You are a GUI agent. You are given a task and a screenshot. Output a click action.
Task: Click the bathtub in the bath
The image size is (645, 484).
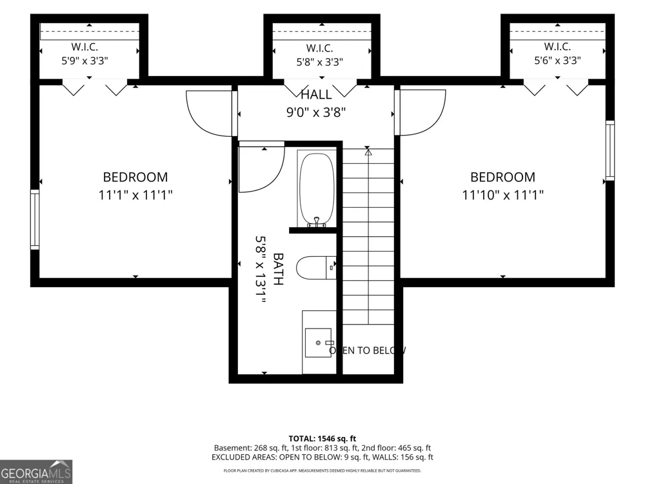(317, 190)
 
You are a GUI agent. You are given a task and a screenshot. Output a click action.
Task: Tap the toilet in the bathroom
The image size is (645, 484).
(316, 268)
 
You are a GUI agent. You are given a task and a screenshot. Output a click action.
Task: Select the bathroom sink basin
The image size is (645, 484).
(318, 343)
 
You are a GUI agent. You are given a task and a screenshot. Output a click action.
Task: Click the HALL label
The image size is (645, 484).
(316, 95)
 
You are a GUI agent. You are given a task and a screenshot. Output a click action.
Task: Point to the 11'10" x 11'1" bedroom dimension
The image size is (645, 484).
(502, 195)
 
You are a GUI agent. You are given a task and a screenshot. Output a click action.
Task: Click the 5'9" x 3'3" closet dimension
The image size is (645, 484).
(84, 61)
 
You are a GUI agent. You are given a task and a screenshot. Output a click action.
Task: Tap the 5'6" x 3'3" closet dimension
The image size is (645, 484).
(557, 61)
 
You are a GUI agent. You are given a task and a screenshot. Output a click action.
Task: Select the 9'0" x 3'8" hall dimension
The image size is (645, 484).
(316, 112)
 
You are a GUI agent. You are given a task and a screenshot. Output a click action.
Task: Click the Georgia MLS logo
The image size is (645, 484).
(36, 472)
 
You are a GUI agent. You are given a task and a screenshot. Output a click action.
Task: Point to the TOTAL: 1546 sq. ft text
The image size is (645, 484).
(322, 439)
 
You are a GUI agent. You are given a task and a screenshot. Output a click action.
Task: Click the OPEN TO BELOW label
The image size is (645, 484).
(368, 350)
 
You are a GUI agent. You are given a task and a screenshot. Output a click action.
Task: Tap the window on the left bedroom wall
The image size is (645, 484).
(35, 219)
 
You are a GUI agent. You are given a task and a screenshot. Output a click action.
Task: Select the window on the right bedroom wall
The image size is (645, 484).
(610, 150)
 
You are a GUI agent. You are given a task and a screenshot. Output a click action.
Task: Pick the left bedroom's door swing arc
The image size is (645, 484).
(197, 121)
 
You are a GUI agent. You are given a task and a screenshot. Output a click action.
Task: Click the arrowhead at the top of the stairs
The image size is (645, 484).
(368, 152)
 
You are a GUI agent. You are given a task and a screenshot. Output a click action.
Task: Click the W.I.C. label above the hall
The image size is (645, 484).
(320, 48)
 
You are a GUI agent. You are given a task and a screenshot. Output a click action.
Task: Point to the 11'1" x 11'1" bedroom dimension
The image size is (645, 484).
(135, 195)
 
